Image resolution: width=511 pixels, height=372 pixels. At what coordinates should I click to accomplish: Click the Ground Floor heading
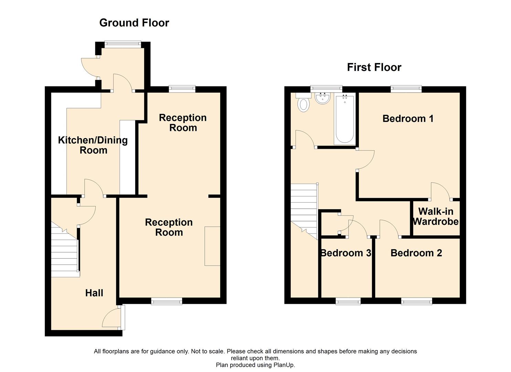[134, 23]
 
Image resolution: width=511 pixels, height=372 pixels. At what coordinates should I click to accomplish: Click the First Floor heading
[374, 67]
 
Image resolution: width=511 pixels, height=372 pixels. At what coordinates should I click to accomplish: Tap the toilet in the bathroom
[303, 104]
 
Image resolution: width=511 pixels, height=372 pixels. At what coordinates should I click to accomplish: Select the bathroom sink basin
[322, 99]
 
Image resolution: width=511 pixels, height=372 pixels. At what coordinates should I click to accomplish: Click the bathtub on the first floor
[344, 120]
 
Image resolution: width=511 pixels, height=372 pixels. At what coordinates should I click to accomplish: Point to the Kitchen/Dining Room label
[93, 145]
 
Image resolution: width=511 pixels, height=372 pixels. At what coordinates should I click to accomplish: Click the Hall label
[94, 293]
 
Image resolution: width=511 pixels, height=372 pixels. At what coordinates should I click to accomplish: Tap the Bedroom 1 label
[408, 118]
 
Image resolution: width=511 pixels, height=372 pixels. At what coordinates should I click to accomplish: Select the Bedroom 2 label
[416, 253]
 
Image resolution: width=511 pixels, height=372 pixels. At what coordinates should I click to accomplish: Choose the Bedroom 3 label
[345, 253]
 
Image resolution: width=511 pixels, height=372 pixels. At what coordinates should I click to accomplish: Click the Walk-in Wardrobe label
[436, 216]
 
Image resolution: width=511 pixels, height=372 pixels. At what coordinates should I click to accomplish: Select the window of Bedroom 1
[406, 89]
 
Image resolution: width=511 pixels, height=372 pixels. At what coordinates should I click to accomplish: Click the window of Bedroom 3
[348, 301]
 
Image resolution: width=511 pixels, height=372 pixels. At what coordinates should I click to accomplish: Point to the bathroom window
[326, 89]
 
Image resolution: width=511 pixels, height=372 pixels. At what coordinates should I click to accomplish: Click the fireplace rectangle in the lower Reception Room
[212, 246]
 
